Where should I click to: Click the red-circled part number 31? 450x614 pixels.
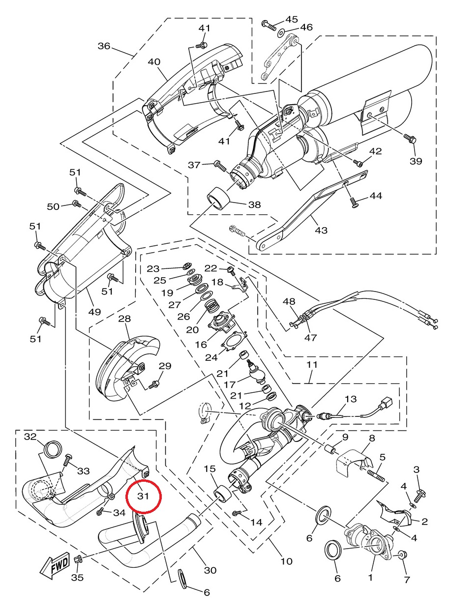(143, 496)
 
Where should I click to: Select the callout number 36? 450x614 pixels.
(104, 46)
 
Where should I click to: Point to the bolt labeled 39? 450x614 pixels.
(411, 140)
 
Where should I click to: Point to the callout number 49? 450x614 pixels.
(94, 312)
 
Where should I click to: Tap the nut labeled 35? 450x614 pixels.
(77, 559)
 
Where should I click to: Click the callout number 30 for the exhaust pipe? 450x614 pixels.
(210, 570)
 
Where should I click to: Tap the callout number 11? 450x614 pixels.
(312, 365)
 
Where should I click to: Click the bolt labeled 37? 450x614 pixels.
(220, 165)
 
